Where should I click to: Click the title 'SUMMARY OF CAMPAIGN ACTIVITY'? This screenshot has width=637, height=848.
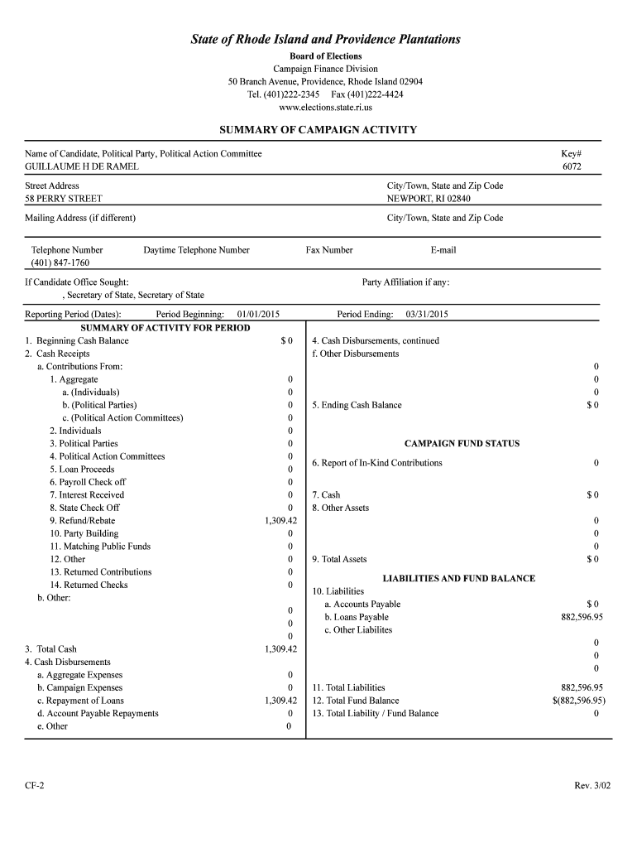pyautogui.click(x=318, y=130)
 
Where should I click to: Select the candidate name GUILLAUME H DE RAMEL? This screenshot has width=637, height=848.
pyautogui.click(x=82, y=166)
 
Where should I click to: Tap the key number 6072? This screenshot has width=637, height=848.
pyautogui.click(x=572, y=166)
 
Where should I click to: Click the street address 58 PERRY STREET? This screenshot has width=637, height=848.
pyautogui.click(x=64, y=199)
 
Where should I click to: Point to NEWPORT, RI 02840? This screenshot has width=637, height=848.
pyautogui.click(x=429, y=199)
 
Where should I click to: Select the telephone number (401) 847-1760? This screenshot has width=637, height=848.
pyautogui.click(x=60, y=263)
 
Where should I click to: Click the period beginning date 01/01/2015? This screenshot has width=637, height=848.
pyautogui.click(x=259, y=315)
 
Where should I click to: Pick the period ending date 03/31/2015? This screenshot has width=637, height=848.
pyautogui.click(x=427, y=315)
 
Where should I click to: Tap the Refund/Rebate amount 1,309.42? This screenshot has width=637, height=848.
pyautogui.click(x=280, y=521)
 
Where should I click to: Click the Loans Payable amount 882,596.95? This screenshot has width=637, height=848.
pyautogui.click(x=582, y=617)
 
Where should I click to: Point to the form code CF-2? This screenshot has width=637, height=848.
pyautogui.click(x=35, y=785)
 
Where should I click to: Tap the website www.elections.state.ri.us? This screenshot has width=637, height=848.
pyautogui.click(x=325, y=108)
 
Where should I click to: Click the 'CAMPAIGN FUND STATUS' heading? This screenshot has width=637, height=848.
pyautogui.click(x=462, y=444)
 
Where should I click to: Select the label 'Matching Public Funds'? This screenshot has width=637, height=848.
pyautogui.click(x=104, y=547)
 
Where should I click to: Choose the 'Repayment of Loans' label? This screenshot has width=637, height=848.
pyautogui.click(x=85, y=701)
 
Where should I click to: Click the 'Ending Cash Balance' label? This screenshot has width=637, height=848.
pyautogui.click(x=361, y=405)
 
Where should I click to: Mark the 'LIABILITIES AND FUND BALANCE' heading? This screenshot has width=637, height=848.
pyautogui.click(x=458, y=578)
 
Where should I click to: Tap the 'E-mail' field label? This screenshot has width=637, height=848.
pyautogui.click(x=443, y=250)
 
